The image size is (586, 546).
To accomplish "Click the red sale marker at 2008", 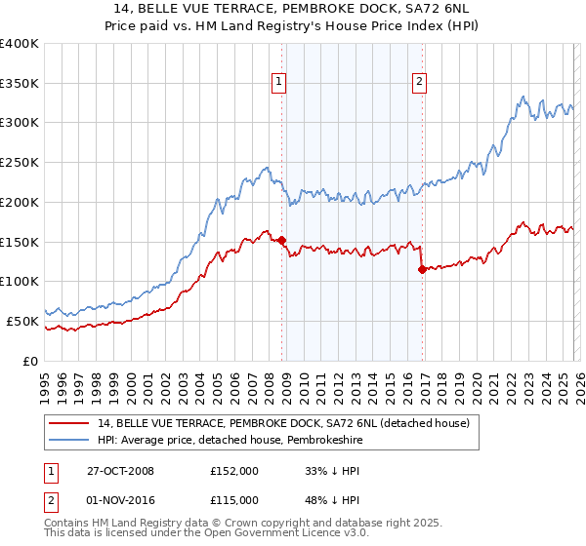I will pos(282,240).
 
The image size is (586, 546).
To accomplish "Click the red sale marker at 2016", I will pos(421,269).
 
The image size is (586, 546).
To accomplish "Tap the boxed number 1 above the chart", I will pos(280,83).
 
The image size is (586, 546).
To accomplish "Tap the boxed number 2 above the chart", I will pos(419,83).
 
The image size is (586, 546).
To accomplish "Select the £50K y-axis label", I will pos(22,320).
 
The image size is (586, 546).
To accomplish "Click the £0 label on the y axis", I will pos(31,360).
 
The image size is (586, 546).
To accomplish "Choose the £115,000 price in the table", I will pos(233,503).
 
